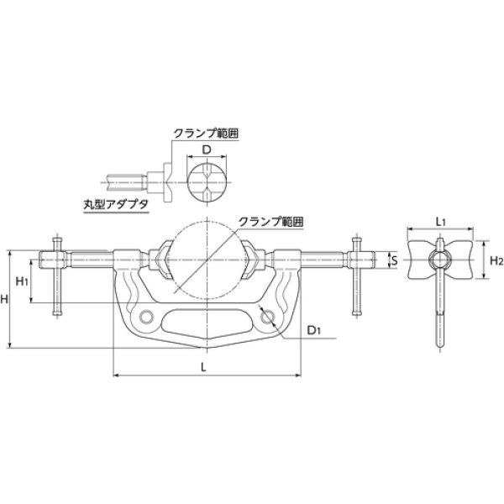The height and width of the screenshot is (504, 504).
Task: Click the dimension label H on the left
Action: (x=7, y=300)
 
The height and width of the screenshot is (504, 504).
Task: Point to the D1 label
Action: (x=313, y=330)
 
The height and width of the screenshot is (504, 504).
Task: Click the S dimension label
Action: (x=393, y=260)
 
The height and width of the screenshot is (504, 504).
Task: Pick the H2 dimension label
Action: (x=495, y=261)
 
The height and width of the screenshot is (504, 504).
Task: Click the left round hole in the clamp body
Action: (x=148, y=316)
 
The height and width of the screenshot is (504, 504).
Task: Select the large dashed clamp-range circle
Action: (x=207, y=261)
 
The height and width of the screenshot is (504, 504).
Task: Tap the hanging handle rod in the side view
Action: (x=438, y=311)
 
